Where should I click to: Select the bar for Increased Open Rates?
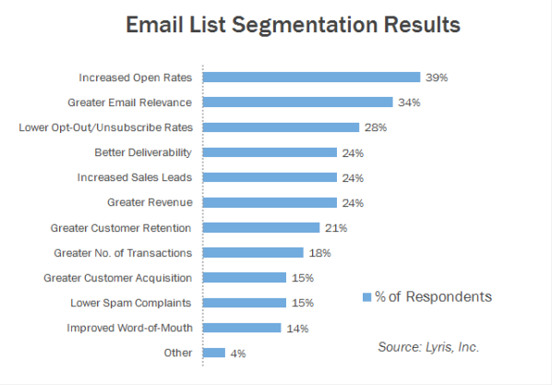[310, 78]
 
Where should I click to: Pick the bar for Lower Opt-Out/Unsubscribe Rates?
[280, 127]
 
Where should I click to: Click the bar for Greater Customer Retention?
[260, 227]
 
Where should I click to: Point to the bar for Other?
[213, 352]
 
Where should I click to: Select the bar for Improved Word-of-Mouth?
[241, 327]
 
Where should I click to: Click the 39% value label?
[436, 78]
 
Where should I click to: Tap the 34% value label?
[408, 102]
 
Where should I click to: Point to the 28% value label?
[374, 127]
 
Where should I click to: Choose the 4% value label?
[238, 353]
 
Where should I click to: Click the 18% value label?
[318, 252]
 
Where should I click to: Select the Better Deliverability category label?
[143, 152]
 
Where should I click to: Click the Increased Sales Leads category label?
[136, 177]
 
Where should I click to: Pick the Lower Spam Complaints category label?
[131, 302]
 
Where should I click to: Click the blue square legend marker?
[366, 296]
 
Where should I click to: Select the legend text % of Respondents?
[433, 296]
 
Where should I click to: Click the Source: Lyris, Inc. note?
[428, 347]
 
